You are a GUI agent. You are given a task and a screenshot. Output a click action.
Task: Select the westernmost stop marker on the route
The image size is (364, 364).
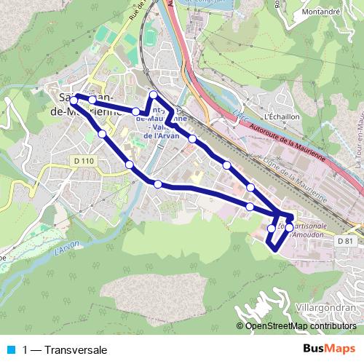pyautogui.click(x=74, y=111)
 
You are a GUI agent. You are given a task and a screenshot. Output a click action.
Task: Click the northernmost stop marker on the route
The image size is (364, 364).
pyautogui.click(x=154, y=95)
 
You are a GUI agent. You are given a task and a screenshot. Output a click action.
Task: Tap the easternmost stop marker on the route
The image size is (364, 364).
pyautogui.click(x=289, y=228)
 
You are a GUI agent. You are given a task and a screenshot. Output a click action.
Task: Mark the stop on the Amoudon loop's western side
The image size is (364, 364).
pyautogui.click(x=272, y=229)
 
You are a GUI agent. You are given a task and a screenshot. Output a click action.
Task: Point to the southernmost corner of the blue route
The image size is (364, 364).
pyautogui.click(x=274, y=250)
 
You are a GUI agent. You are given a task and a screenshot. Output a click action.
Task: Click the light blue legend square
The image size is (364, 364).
pyautogui.click(x=12, y=350)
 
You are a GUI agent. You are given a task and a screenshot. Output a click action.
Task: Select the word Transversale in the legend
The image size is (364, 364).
pyautogui.click(x=75, y=350)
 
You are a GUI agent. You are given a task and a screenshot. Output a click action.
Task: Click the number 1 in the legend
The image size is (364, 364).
pyautogui.click(x=26, y=350)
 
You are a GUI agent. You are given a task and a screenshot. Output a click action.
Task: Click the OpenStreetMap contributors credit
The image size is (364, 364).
pyautogui.click(x=300, y=326)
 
